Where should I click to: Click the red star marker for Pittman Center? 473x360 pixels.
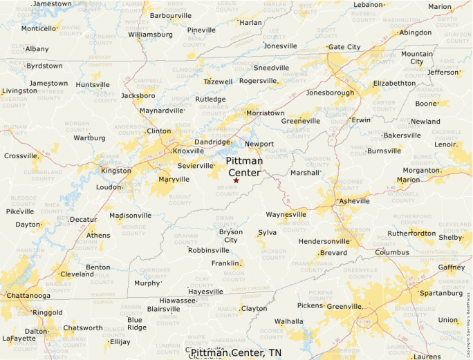(x=236, y=180)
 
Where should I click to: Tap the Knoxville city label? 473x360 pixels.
(x=188, y=151)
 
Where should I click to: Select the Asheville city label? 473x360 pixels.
(x=354, y=201)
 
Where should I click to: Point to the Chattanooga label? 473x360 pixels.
(x=28, y=296)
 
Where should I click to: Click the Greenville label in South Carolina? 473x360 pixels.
(x=344, y=305)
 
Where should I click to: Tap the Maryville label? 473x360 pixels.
(x=174, y=179)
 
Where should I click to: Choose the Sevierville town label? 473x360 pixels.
(x=196, y=166)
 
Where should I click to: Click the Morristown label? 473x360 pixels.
(x=266, y=113)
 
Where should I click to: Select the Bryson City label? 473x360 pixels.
(x=231, y=236)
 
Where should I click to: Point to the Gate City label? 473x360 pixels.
(x=344, y=47)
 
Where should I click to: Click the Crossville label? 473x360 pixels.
(x=21, y=155)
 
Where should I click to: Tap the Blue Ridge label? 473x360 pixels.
(x=136, y=323)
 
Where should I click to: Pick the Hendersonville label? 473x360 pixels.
(x=324, y=241)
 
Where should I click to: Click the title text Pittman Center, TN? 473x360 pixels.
(x=236, y=353)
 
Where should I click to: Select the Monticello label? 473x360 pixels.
(x=38, y=28)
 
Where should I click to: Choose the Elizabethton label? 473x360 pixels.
(x=394, y=83)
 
